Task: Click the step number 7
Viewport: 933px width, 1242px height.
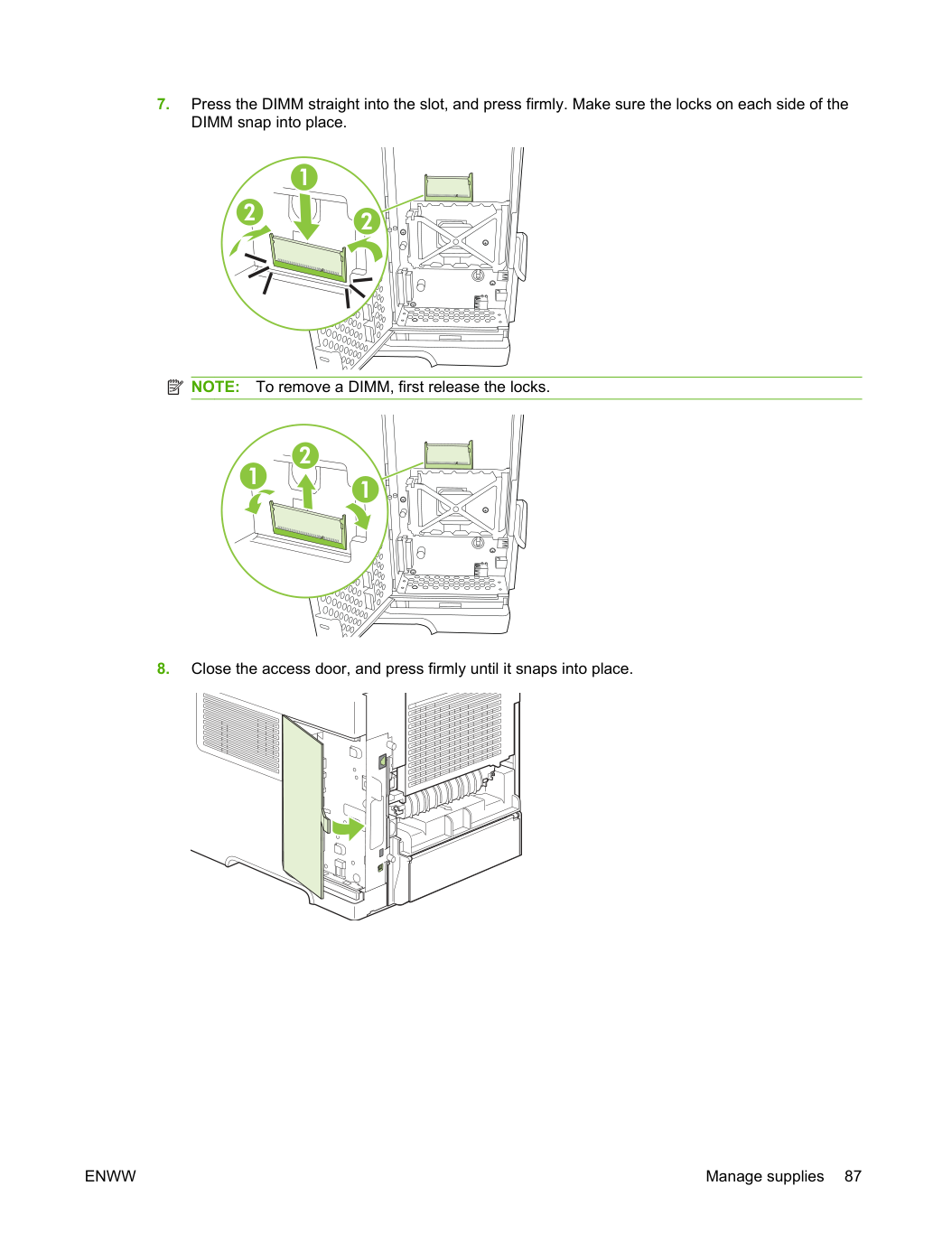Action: (x=163, y=104)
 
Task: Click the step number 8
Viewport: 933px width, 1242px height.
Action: (x=163, y=668)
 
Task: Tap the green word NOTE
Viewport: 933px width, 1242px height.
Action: (x=215, y=387)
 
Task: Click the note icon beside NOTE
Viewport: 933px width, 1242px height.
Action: (x=175, y=387)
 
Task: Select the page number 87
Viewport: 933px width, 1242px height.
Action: (x=853, y=1176)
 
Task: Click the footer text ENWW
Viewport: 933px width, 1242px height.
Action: (x=110, y=1176)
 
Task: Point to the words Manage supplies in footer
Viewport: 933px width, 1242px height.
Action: (x=764, y=1176)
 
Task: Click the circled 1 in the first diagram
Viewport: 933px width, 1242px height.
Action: (x=304, y=177)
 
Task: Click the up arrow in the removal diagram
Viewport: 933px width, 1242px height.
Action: (x=307, y=491)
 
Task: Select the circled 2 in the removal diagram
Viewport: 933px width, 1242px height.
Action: (x=305, y=455)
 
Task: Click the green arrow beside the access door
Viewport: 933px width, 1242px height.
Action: (x=348, y=828)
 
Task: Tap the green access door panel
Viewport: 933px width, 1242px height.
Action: (x=303, y=807)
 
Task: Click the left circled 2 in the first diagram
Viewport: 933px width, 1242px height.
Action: (x=249, y=213)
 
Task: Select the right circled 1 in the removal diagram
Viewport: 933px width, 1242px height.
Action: (x=366, y=490)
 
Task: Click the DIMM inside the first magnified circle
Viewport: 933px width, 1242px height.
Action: (x=308, y=257)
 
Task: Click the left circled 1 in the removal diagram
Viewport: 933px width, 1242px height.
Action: (x=254, y=476)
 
